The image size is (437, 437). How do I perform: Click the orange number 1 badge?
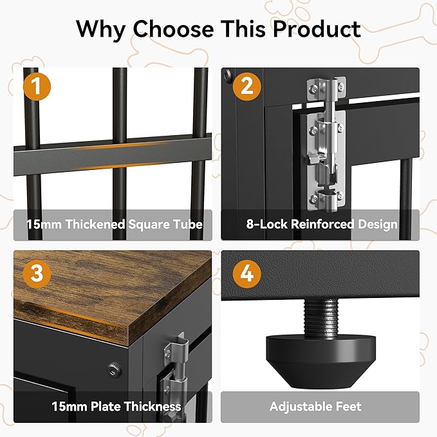coord(37,87)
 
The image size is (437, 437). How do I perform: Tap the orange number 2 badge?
coord(246,87)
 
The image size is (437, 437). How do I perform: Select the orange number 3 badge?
coord(37,274)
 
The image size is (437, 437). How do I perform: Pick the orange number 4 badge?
coord(246,274)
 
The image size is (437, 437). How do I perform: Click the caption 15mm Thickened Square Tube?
coord(115,225)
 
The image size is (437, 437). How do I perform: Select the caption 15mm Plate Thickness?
coord(116,407)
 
